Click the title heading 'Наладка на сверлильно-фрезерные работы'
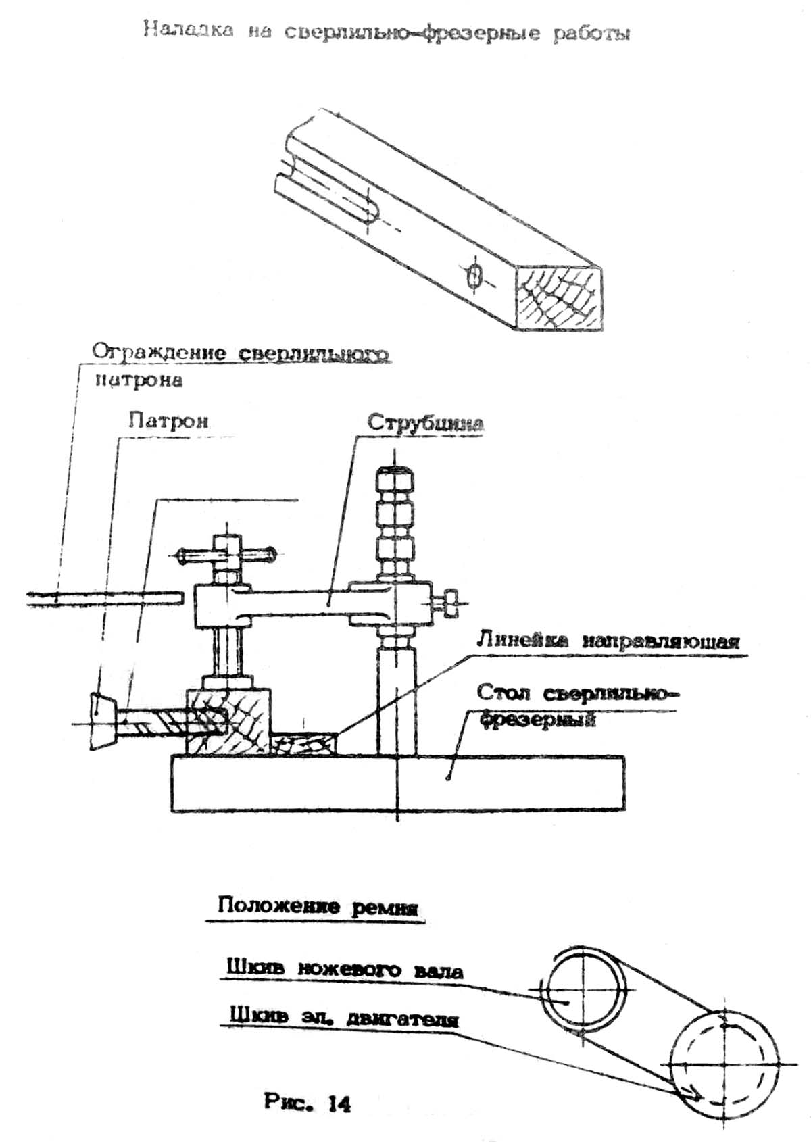387,32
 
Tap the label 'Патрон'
168,421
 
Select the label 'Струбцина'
425,423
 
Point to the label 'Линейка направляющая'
608,641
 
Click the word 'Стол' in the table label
503,693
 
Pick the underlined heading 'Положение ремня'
318,905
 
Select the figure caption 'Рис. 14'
307,1103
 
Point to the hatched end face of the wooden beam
560,297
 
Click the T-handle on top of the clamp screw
226,555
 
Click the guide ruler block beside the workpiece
303,745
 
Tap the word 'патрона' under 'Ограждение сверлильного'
138,380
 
